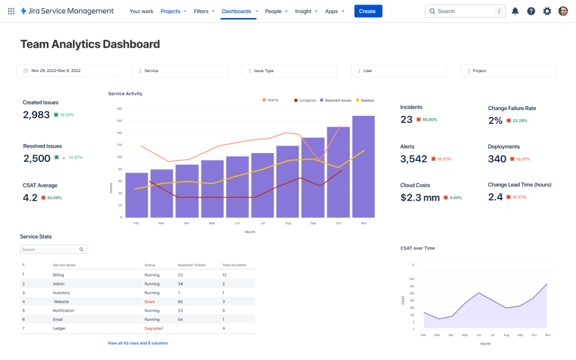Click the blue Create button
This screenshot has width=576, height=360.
click(368, 11)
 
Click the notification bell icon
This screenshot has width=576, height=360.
click(515, 11)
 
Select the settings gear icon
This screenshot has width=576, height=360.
click(547, 11)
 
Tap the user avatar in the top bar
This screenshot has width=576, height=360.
click(563, 11)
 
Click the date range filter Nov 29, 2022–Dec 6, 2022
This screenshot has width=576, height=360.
click(67, 71)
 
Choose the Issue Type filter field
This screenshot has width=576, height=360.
click(289, 71)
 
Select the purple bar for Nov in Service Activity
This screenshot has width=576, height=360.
click(363, 166)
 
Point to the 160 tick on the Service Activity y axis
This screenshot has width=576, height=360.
click(119, 121)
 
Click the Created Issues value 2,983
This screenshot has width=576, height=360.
click(36, 115)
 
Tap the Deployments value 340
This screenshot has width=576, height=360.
click(497, 159)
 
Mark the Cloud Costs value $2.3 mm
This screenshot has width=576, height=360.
click(420, 197)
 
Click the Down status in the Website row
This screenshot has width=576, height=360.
click(149, 302)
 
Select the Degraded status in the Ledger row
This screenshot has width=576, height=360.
click(154, 328)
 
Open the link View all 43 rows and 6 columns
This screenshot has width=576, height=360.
click(138, 343)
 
